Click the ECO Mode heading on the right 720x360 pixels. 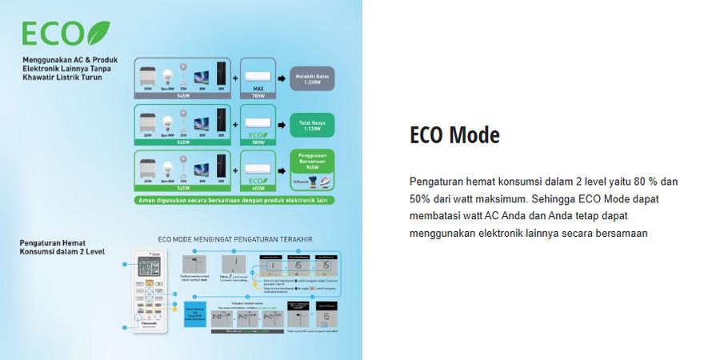tap(454, 135)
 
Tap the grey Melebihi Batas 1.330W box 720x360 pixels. tap(312, 77)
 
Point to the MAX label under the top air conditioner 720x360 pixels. tap(257, 87)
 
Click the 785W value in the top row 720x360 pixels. tap(257, 95)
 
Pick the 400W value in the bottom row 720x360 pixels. tap(257, 188)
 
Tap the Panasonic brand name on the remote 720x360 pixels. tap(150, 322)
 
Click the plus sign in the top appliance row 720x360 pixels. tap(236, 78)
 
